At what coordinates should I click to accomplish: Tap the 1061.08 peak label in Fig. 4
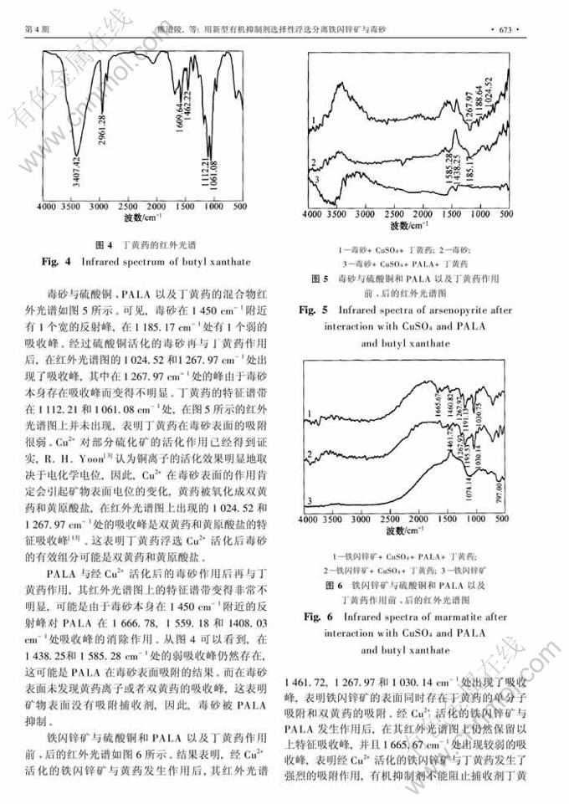(x=215, y=174)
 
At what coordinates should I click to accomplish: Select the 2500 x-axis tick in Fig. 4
(x=128, y=206)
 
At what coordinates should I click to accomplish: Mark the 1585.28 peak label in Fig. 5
(x=449, y=169)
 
